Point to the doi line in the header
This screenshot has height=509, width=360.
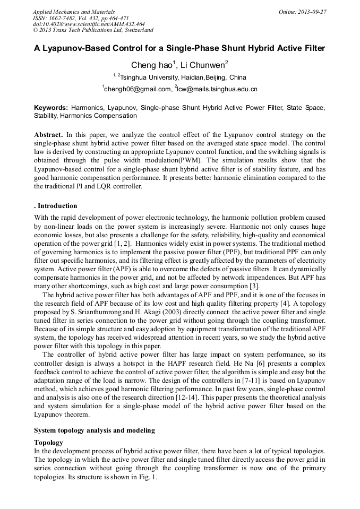click(x=89, y=24)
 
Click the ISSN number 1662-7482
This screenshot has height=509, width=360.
click(x=67, y=18)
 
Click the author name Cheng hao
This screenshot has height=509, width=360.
click(x=151, y=65)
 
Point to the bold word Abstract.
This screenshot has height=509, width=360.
click(x=48, y=135)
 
